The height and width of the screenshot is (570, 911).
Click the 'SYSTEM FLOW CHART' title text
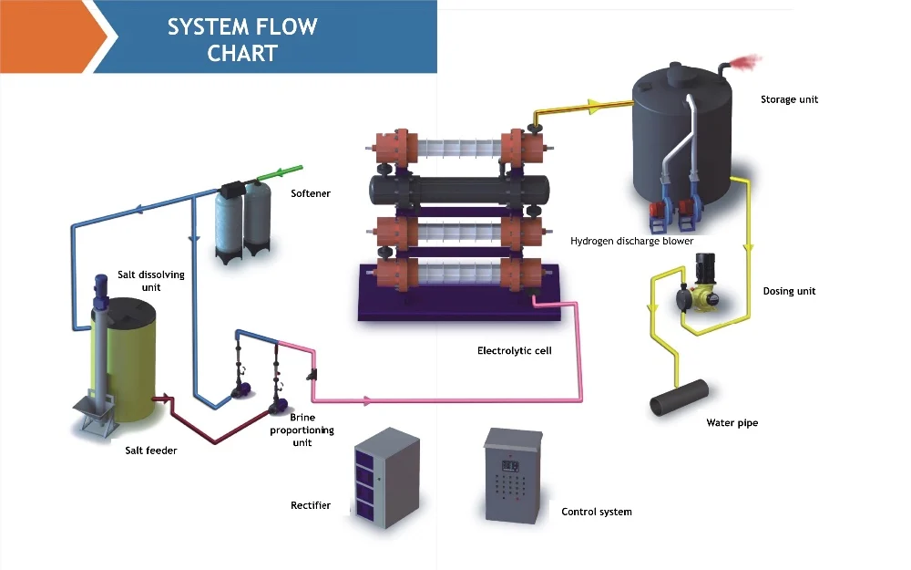[x=241, y=39]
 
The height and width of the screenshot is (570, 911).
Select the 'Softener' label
[x=311, y=193]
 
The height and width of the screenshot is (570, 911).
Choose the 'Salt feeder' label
[x=151, y=451]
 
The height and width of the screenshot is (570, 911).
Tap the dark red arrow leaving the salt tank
[x=165, y=399]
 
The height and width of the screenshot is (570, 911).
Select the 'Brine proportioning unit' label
[x=302, y=430]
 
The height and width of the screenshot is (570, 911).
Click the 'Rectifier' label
[x=311, y=505]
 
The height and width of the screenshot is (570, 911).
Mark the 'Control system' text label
[x=597, y=512]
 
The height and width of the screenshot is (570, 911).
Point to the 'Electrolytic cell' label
[x=515, y=350]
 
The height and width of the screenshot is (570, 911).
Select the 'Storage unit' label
[x=789, y=99]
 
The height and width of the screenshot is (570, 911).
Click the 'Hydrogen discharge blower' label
[x=632, y=242]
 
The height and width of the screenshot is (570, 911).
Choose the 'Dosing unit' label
[x=789, y=292]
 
